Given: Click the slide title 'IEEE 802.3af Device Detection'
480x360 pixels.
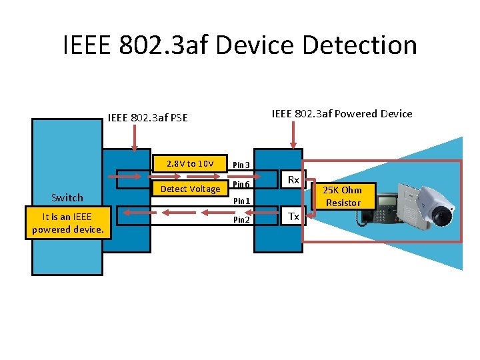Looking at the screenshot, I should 240,45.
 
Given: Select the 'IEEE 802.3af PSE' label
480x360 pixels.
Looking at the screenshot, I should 147,118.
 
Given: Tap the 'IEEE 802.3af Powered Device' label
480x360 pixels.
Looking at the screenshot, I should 342,113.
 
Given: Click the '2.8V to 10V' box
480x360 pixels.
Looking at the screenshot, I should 190,163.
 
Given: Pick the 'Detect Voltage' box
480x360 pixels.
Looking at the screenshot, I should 190,189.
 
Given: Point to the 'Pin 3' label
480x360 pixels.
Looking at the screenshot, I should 241,165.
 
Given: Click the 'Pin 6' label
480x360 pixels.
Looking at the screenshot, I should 241,185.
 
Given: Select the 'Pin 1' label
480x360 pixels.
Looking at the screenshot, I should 241,201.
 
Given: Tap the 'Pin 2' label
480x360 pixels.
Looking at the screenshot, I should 241,219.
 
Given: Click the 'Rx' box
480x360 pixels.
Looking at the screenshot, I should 293,180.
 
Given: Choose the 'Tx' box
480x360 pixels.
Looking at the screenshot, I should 293,216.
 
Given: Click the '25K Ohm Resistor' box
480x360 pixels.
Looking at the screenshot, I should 343,196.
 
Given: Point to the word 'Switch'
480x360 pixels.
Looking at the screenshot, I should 67,197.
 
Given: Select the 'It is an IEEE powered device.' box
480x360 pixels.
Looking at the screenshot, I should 67,223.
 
